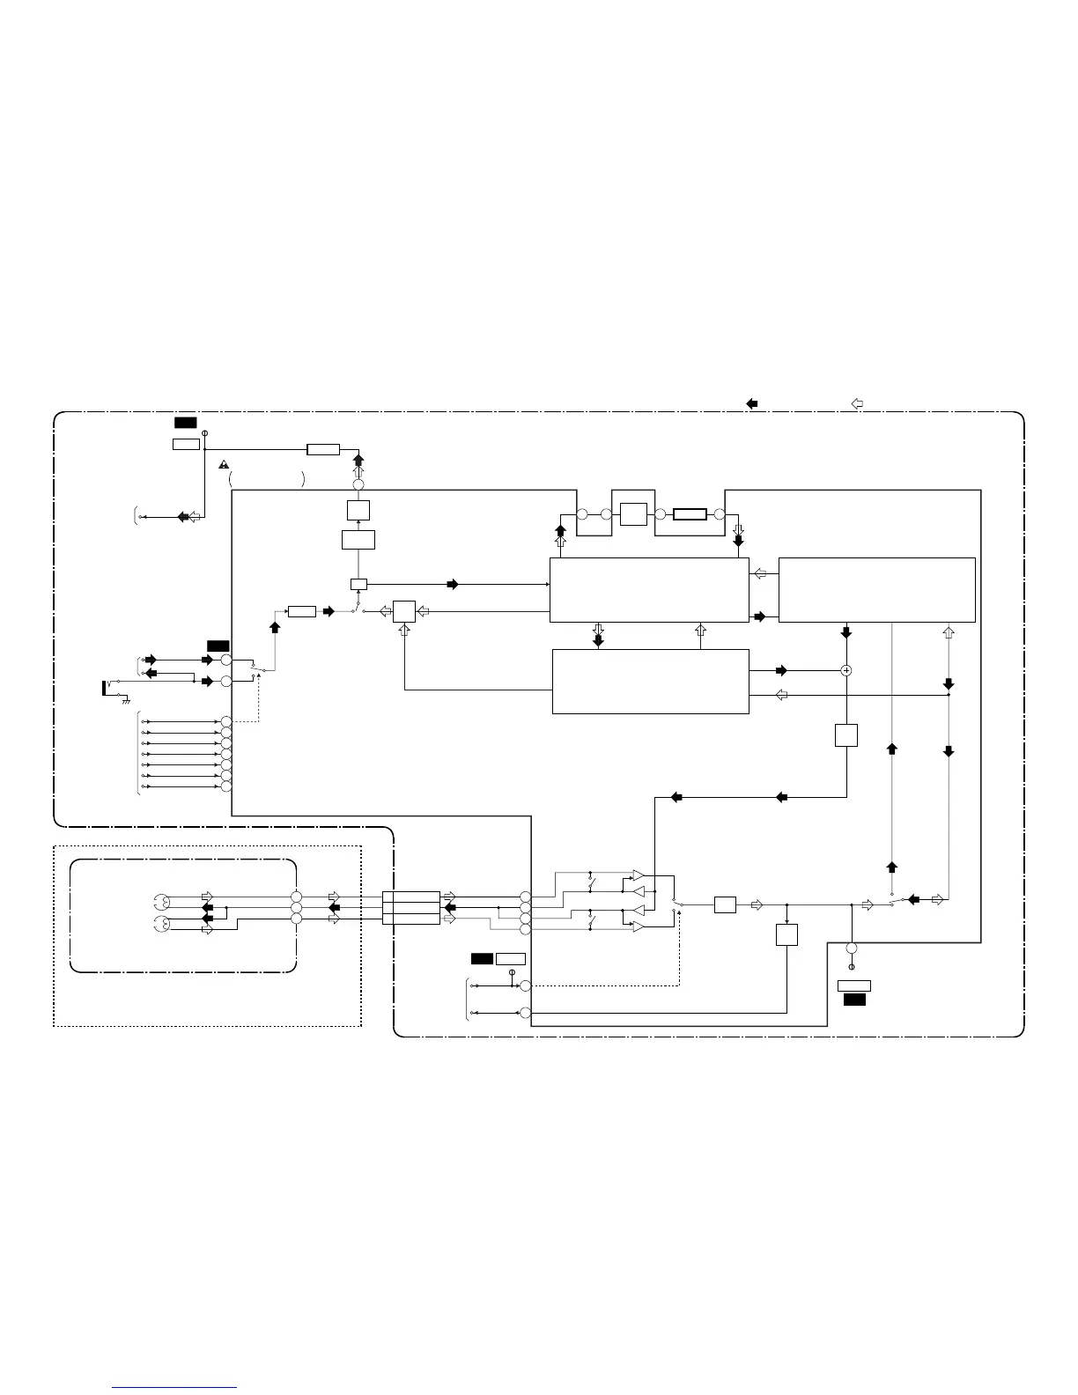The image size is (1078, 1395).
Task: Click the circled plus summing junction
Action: click(x=846, y=671)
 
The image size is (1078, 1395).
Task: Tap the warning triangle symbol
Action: click(x=225, y=464)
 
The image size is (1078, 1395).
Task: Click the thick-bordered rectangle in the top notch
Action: click(x=690, y=514)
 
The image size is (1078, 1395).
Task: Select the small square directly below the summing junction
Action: click(x=845, y=734)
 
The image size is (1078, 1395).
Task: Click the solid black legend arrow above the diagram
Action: click(x=752, y=403)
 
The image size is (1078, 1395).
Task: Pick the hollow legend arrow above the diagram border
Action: click(x=857, y=403)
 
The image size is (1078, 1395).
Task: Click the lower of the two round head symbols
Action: click(x=160, y=924)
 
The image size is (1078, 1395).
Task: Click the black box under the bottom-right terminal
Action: click(x=854, y=1000)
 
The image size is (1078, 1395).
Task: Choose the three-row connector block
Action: click(x=411, y=908)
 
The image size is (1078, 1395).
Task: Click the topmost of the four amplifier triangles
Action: click(x=639, y=875)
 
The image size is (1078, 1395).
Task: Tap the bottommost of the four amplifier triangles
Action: click(x=639, y=926)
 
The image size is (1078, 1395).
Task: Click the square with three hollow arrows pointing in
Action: click(x=404, y=611)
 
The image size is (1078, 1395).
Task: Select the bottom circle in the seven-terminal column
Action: click(x=226, y=786)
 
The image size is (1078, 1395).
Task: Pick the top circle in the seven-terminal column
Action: click(x=226, y=721)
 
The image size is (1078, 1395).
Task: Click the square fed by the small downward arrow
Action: click(x=786, y=934)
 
